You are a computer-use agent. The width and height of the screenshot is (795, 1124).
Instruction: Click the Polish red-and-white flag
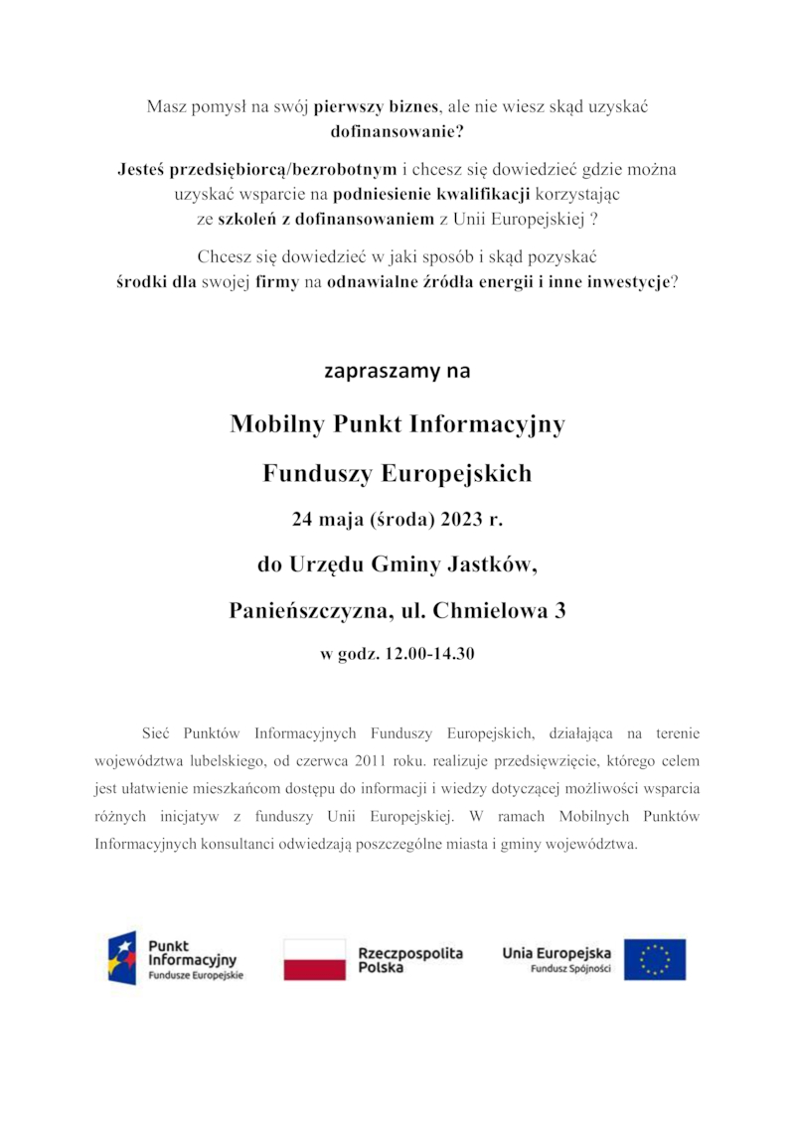pos(314,960)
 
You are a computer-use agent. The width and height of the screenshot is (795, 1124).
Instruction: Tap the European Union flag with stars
pos(654,960)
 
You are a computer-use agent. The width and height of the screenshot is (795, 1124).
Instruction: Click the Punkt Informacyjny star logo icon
pos(122,958)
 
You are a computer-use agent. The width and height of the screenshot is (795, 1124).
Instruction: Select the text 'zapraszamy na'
pos(397,372)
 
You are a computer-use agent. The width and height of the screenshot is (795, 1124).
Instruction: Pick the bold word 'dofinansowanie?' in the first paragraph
pos(397,129)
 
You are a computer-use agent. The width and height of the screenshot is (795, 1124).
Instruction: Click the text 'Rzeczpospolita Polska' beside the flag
pos(409,960)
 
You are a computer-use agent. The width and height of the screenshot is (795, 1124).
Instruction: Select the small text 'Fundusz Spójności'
pos(570,969)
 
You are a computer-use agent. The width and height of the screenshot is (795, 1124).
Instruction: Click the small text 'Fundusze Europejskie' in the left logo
pos(195,976)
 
